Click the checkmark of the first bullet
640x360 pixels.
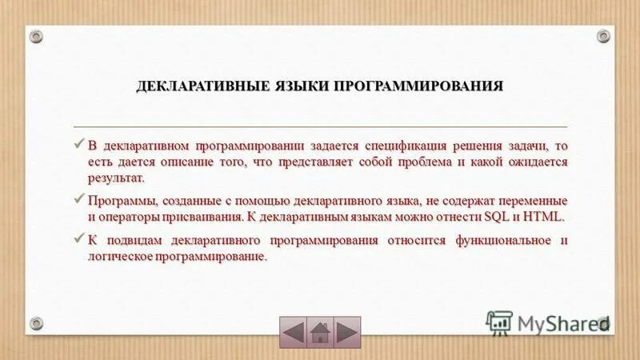pyautogui.click(x=78, y=145)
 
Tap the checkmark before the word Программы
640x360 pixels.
pyautogui.click(x=78, y=199)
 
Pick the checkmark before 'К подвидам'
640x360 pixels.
pyautogui.click(x=78, y=239)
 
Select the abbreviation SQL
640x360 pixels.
pyautogui.click(x=496, y=217)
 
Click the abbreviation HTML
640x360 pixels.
pyautogui.click(x=543, y=217)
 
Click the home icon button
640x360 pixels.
pyautogui.click(x=320, y=331)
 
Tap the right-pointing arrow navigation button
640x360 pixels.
pyautogui.click(x=347, y=331)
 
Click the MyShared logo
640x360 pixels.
pyautogui.click(x=547, y=322)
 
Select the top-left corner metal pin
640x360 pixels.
pyautogui.click(x=36, y=35)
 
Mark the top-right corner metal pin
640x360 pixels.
pyautogui.click(x=603, y=35)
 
